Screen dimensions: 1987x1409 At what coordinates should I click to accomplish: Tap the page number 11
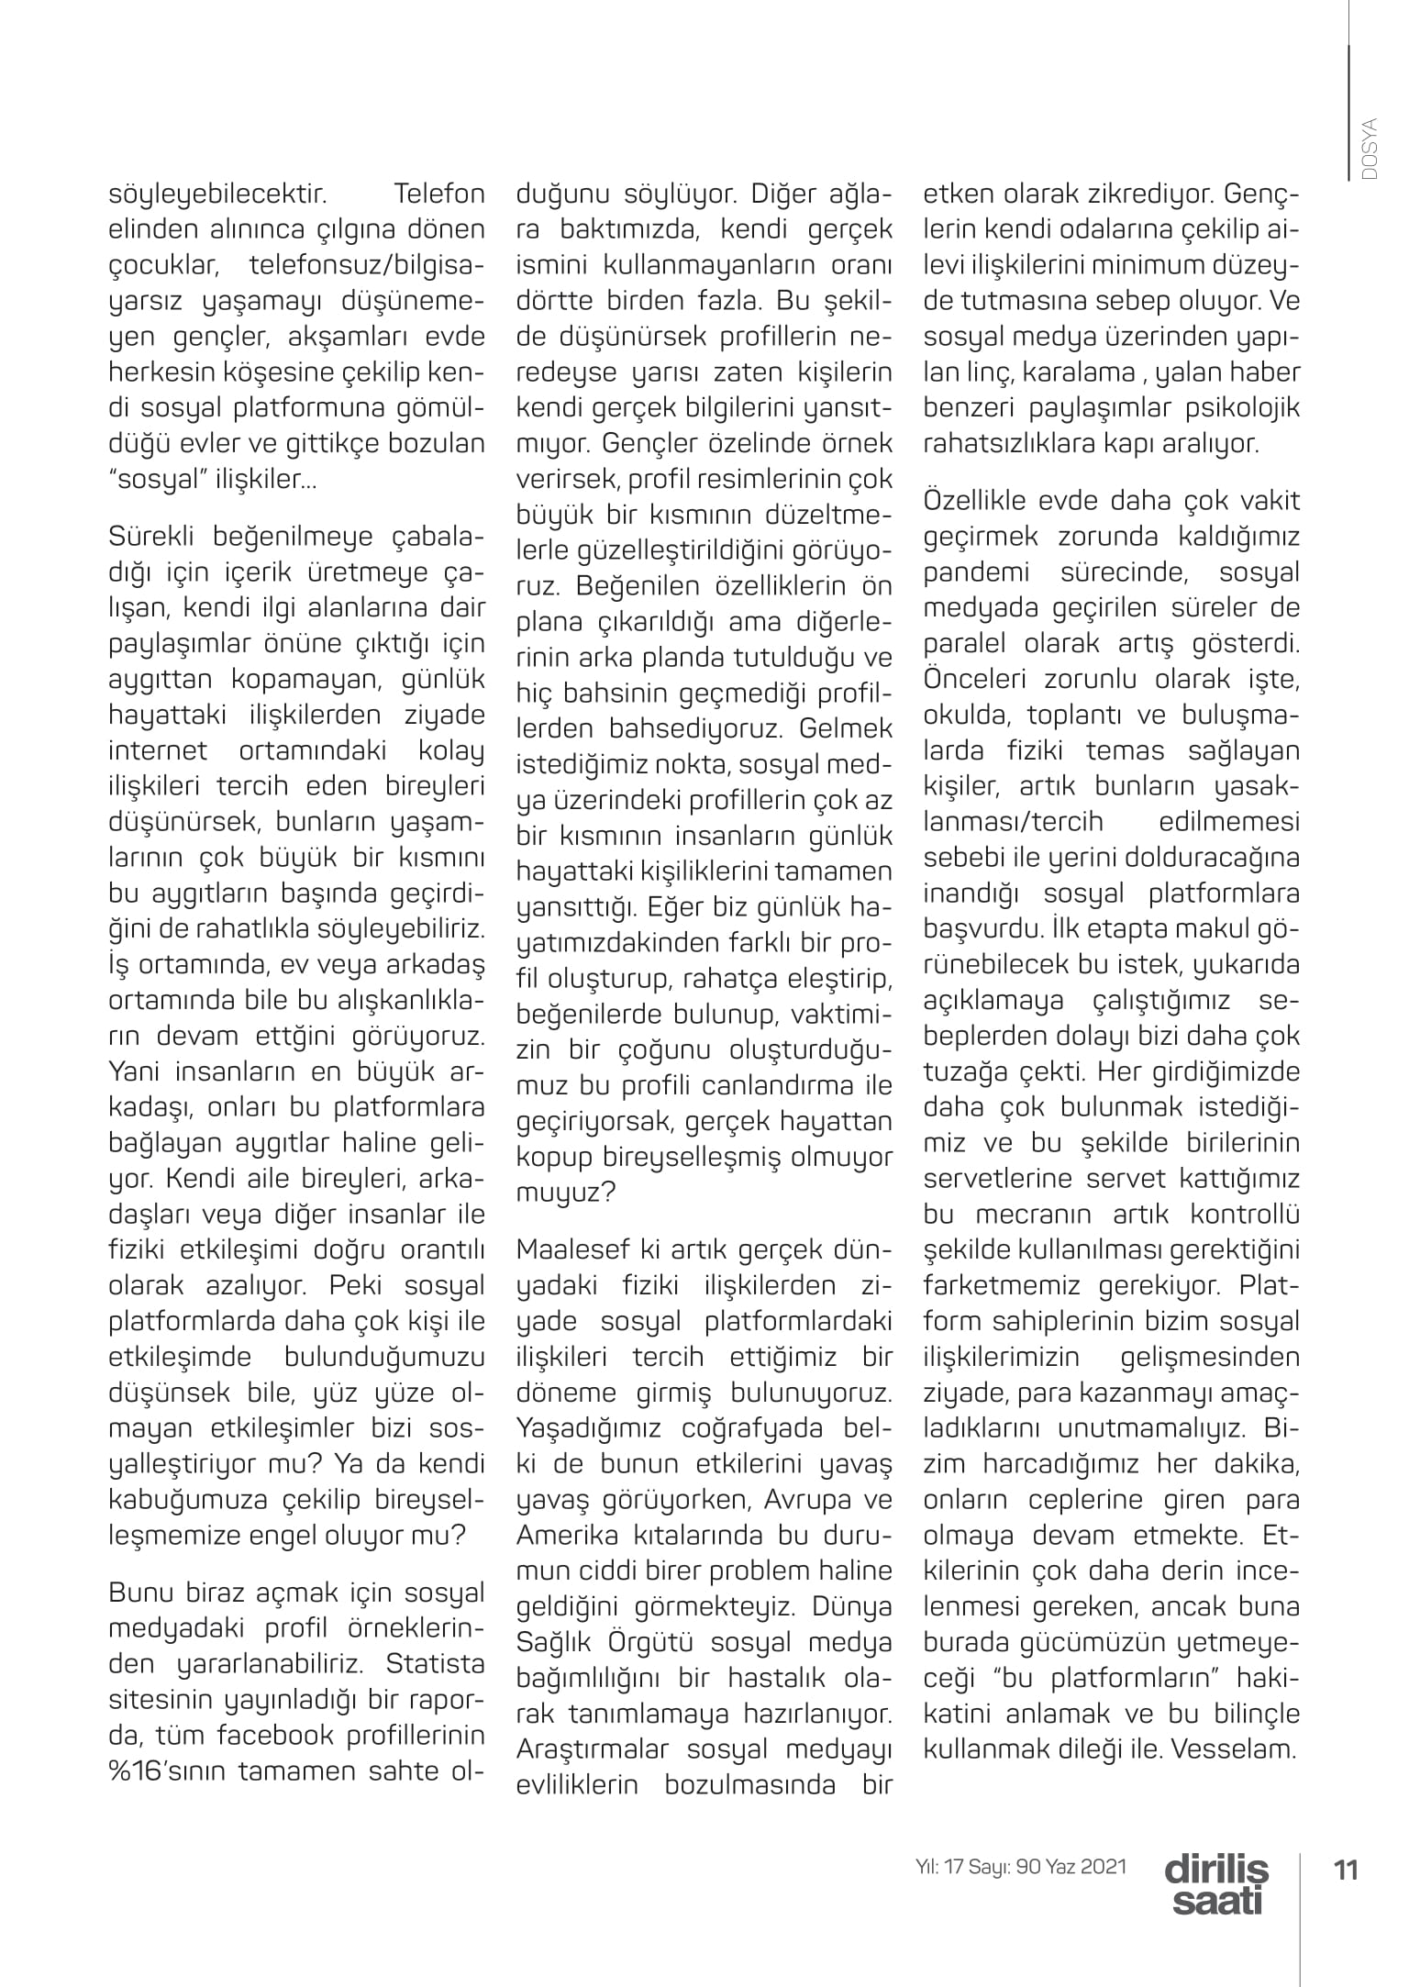[x=1346, y=1869]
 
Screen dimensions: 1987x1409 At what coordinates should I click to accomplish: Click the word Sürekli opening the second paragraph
[x=152, y=536]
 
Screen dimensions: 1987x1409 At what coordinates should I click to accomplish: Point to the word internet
[x=158, y=750]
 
